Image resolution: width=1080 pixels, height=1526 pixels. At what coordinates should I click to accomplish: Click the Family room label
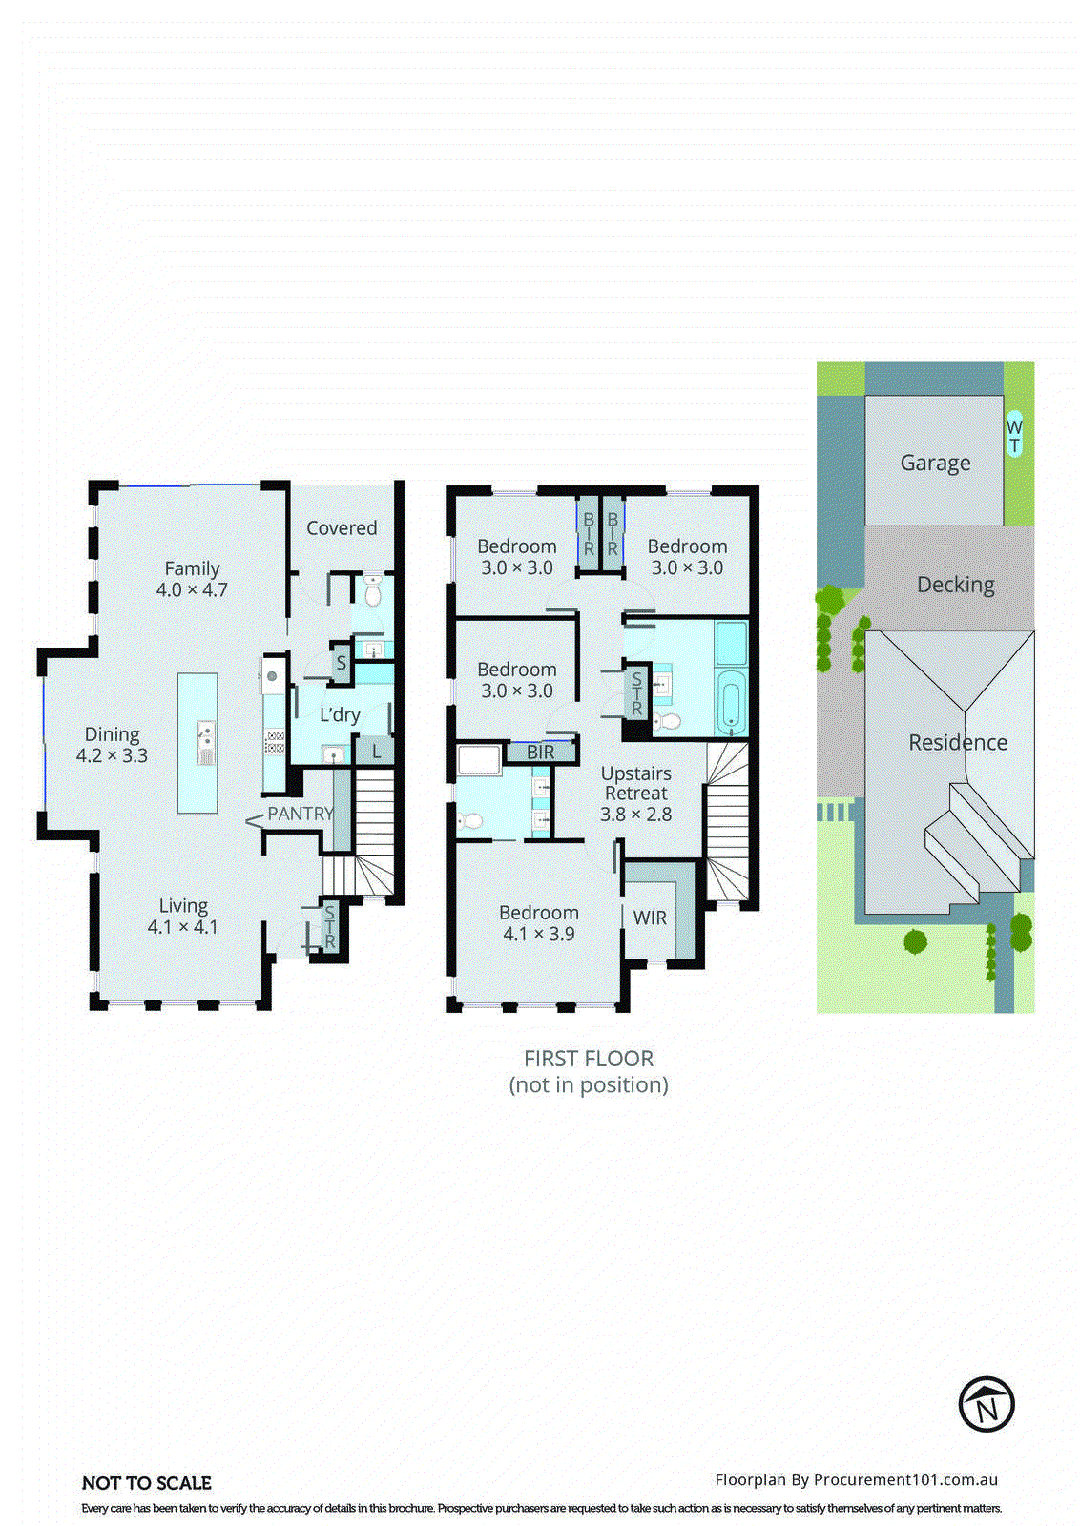(192, 579)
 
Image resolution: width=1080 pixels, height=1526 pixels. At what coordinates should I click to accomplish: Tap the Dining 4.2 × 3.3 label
(112, 745)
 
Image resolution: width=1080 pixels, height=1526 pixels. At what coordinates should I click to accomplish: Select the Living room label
(183, 916)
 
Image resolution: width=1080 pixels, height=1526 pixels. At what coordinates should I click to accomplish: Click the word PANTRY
(300, 814)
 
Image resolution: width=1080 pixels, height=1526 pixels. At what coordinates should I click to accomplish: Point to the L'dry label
(340, 714)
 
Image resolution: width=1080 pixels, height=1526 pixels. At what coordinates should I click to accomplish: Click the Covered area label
(342, 527)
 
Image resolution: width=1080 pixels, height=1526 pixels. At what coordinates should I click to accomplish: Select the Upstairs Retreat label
(635, 794)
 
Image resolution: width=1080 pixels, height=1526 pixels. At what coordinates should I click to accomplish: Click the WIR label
(650, 918)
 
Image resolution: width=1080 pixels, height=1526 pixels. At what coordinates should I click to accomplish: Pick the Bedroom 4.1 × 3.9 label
(538, 923)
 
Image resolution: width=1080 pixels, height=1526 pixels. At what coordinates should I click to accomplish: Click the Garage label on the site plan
(935, 463)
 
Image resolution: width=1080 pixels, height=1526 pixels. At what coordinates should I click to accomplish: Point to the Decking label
(955, 585)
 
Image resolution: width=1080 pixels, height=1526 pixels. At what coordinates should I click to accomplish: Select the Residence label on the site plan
(958, 742)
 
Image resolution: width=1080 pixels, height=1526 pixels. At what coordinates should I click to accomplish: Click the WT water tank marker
(1014, 436)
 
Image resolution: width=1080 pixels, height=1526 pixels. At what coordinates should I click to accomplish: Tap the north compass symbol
(986, 1404)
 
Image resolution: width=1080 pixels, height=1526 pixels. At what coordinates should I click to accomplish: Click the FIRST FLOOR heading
(589, 1059)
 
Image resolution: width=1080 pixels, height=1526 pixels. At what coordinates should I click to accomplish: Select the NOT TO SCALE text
(147, 1483)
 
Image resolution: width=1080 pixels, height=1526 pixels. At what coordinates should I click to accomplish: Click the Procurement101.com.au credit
(856, 1479)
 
